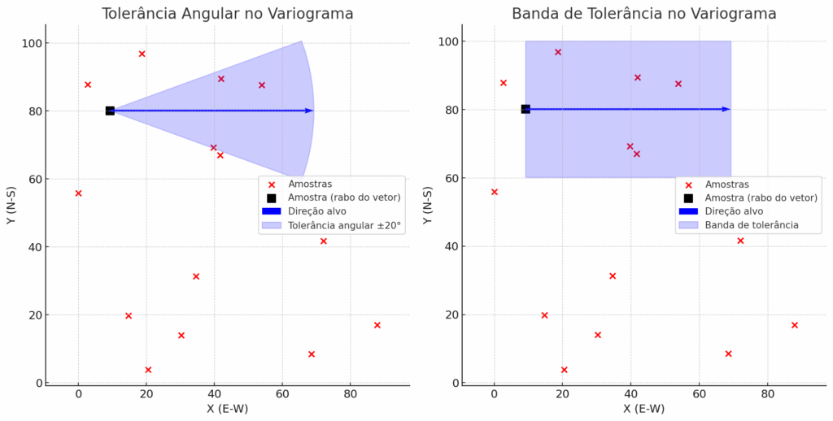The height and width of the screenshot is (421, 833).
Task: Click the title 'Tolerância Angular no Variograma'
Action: (x=227, y=14)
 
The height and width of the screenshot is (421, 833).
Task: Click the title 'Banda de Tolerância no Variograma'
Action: (x=643, y=14)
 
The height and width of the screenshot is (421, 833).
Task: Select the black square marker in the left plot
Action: (x=110, y=111)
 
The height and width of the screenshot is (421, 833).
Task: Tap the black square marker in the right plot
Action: (x=526, y=109)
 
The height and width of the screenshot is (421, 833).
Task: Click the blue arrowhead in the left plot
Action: (x=309, y=111)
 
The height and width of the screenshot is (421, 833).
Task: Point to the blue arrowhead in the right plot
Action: (x=726, y=109)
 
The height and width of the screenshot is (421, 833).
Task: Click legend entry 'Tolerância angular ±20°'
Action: (x=345, y=226)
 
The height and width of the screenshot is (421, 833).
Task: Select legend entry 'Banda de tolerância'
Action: (x=752, y=224)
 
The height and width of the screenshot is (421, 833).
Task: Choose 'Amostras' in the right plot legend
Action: (x=727, y=184)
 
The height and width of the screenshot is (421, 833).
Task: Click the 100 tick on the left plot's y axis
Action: (x=34, y=43)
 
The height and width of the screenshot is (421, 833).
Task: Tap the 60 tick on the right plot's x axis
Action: (x=699, y=395)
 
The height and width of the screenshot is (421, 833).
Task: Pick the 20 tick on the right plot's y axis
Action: (x=451, y=315)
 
